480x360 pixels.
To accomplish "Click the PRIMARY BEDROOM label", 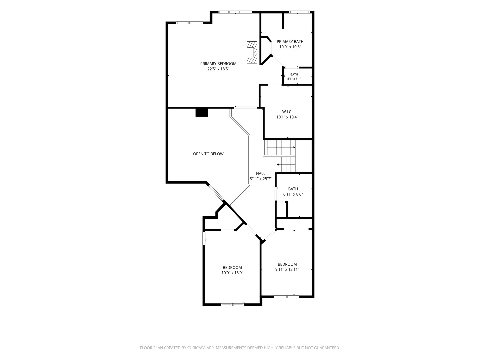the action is (218, 64).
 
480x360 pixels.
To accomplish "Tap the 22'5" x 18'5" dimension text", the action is (218, 69).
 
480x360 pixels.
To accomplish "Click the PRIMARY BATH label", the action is (290, 42).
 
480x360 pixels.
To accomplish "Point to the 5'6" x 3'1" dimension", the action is (294, 79).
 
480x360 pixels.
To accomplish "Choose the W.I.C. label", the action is (287, 112).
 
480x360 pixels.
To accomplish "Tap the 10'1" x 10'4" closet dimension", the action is (287, 117).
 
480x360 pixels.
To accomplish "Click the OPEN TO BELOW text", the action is (208, 154).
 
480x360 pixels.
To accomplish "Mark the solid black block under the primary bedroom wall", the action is (201, 112).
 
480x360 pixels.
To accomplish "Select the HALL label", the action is (260, 173).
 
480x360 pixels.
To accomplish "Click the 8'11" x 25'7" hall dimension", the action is (260, 179).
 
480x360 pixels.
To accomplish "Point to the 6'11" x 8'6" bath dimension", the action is (293, 194).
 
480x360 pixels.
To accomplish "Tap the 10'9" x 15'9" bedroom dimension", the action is (232, 273).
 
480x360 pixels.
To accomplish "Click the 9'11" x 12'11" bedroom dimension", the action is (287, 270).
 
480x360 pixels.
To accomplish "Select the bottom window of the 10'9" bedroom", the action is (232, 304).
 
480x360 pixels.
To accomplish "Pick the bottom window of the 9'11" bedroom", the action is (286, 297).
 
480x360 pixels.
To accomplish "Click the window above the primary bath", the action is (299, 12).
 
